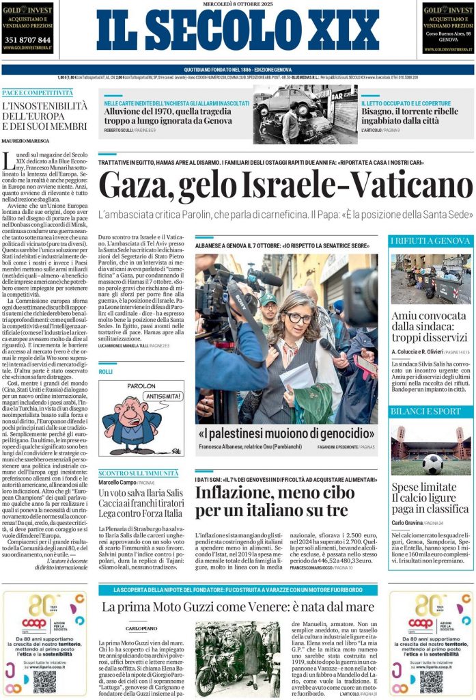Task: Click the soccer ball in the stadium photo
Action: coord(432,463)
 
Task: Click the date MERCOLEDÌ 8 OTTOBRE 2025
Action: coord(237,4)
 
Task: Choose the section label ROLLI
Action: coord(105,371)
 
